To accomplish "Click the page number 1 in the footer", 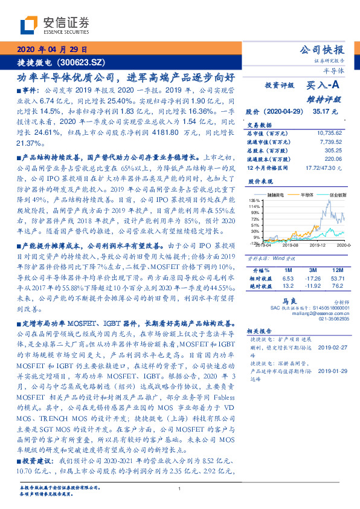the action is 180,488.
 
